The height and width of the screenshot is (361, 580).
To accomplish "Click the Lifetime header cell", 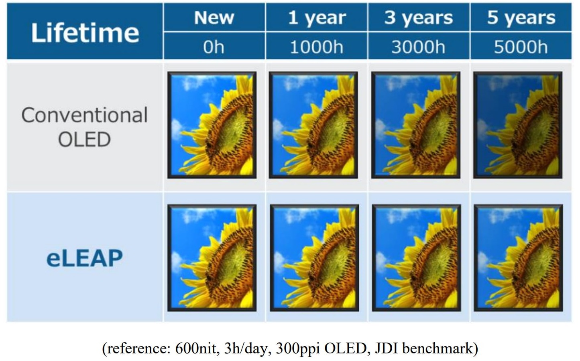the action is (x=85, y=31).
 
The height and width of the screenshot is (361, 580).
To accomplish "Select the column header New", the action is (x=214, y=17).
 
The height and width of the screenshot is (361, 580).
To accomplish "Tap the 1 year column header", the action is (x=316, y=17).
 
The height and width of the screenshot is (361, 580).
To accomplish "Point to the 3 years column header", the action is (x=419, y=17).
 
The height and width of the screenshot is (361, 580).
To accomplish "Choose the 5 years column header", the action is (x=521, y=17).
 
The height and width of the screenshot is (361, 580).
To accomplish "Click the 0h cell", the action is (x=214, y=46).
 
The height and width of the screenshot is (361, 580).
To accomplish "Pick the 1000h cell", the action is (x=316, y=46).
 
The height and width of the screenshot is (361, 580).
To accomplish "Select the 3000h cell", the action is (x=419, y=46).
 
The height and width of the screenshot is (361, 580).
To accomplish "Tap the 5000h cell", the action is (x=521, y=46).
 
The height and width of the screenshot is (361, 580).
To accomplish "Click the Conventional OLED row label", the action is (x=85, y=127).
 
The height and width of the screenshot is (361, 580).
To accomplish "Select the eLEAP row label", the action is (x=85, y=258).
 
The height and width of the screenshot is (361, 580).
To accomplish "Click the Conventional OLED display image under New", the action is (x=212, y=125).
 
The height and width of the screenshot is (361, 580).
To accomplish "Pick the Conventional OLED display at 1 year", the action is (x=313, y=125).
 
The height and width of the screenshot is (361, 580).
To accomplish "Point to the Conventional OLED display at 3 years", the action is (x=415, y=125).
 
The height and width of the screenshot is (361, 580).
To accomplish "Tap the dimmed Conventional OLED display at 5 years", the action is (x=518, y=125).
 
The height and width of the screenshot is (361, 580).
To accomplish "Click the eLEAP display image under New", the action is (x=212, y=258).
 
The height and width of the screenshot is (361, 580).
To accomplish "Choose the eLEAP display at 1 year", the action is (x=314, y=258).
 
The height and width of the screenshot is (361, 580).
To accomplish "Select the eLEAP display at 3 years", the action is (x=416, y=258).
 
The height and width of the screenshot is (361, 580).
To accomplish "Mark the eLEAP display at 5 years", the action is (x=518, y=258).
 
